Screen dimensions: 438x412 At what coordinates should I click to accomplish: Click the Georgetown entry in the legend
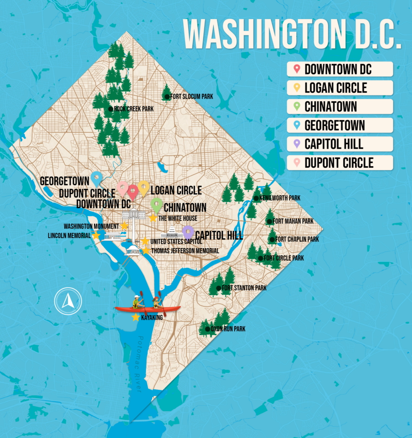pyautogui.click(x=340, y=125)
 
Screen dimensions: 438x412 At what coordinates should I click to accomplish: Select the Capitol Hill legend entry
pyautogui.click(x=340, y=144)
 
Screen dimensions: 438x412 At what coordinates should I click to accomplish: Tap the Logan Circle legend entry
pyautogui.click(x=340, y=88)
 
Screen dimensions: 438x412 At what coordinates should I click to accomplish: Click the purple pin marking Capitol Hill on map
pyautogui.click(x=187, y=231)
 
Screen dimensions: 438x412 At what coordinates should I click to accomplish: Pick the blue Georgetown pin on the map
pyautogui.click(x=96, y=177)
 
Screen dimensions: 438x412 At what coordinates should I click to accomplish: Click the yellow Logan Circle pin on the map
pyautogui.click(x=144, y=187)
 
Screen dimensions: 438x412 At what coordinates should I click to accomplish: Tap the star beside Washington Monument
pyautogui.click(x=124, y=226)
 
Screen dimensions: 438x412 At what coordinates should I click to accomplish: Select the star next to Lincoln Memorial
pyautogui.click(x=96, y=235)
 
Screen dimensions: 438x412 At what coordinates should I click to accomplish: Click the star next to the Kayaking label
pyautogui.click(x=135, y=317)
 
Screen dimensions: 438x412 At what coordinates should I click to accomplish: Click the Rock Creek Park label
pyautogui.click(x=133, y=109)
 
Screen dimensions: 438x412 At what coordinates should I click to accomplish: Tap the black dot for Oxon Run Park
pyautogui.click(x=207, y=329)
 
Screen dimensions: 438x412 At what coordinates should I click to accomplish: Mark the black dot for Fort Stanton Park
pyautogui.click(x=219, y=288)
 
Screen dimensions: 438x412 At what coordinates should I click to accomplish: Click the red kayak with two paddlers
pyautogui.click(x=147, y=308)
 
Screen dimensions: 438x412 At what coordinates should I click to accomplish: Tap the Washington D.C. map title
pyautogui.click(x=292, y=35)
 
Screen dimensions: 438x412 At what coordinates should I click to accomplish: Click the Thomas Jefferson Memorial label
pyautogui.click(x=185, y=251)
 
